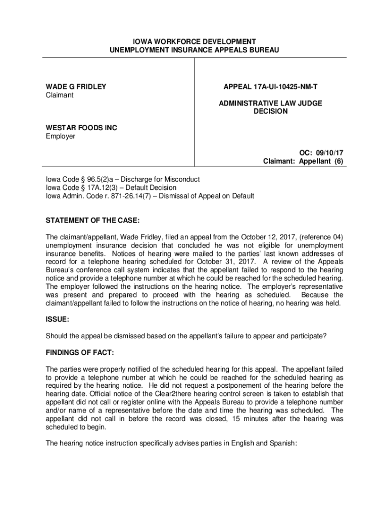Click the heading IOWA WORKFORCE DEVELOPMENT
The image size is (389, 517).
pyautogui.click(x=194, y=41)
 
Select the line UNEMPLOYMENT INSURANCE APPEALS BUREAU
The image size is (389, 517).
pyautogui.click(x=194, y=50)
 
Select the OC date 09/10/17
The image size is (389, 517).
pyautogui.click(x=330, y=153)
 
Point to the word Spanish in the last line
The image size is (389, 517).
pyautogui.click(x=283, y=444)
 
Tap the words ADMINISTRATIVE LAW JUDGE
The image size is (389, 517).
pyautogui.click(x=270, y=104)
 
